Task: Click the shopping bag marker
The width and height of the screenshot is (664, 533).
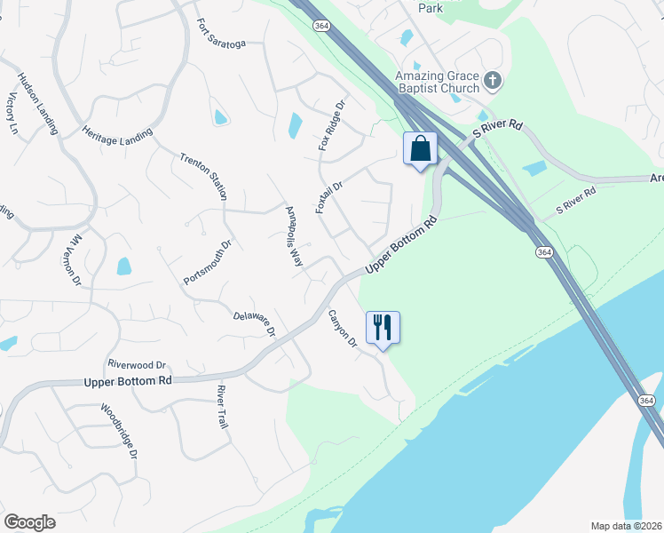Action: [420, 148]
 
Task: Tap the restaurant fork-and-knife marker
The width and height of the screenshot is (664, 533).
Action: [383, 327]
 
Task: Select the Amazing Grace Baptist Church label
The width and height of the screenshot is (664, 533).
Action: [438, 83]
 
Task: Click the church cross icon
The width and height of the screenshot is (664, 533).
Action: [494, 83]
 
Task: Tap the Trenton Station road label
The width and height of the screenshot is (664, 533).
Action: [203, 175]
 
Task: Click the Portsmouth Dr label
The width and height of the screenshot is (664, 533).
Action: [207, 262]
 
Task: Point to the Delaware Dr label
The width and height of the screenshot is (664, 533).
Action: [255, 323]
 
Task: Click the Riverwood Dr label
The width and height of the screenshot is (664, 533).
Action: [137, 364]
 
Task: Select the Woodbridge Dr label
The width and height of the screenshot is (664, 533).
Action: [119, 431]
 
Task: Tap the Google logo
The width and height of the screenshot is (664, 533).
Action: [29, 522]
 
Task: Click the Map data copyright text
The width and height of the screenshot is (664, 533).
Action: [627, 526]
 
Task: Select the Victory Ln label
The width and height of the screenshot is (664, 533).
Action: [12, 112]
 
